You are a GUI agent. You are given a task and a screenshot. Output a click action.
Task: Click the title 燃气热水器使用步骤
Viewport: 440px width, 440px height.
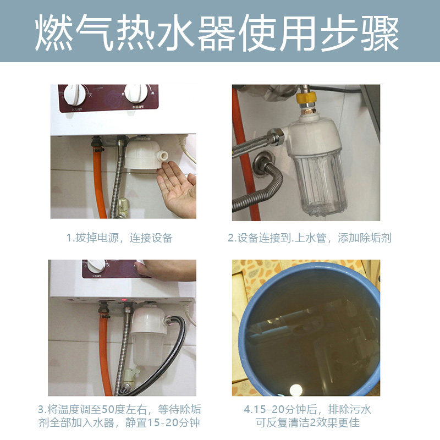(217, 33)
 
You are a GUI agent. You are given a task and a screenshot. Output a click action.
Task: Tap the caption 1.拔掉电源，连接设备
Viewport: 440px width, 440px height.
(119, 238)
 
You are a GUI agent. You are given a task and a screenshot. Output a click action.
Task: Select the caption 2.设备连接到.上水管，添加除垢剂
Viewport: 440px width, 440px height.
(310, 238)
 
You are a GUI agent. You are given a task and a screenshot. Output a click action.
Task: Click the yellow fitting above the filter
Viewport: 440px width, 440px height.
(306, 99)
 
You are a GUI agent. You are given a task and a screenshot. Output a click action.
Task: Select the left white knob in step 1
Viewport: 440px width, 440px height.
(75, 95)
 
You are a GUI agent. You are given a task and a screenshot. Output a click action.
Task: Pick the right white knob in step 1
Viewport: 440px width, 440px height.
(136, 94)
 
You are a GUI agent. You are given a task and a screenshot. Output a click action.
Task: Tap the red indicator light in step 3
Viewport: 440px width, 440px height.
(124, 300)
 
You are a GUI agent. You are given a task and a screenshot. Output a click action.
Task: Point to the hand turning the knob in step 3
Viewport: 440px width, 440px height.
(166, 270)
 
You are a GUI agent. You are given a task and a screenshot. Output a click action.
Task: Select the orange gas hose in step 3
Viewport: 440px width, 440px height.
(105, 354)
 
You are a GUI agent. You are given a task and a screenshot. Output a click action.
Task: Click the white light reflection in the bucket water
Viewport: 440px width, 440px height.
(295, 390)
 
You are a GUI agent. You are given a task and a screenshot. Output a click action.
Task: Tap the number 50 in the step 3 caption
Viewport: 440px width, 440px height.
(108, 410)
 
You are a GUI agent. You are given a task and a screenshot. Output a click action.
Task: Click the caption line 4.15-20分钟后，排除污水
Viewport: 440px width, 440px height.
(307, 410)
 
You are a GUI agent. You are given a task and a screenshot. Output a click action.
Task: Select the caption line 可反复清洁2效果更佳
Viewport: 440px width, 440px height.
(307, 422)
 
